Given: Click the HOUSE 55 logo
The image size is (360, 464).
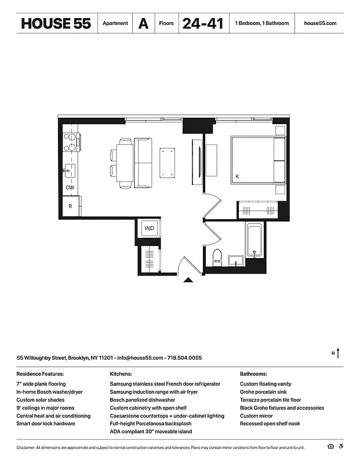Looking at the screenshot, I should click(x=56, y=24).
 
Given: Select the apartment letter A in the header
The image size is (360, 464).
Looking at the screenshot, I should click(x=143, y=24).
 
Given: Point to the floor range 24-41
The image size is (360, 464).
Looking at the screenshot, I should click(x=202, y=24).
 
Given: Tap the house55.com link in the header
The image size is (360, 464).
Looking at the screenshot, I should click(x=320, y=24).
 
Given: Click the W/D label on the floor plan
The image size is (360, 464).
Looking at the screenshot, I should click(x=149, y=229).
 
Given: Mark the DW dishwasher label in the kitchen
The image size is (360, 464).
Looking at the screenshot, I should click(x=70, y=188).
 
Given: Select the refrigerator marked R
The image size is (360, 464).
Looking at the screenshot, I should click(x=70, y=206).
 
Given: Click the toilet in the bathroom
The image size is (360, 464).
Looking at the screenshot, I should click(x=217, y=256).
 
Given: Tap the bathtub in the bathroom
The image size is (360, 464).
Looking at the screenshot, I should click(x=255, y=241).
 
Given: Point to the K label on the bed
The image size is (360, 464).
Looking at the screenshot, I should click(x=237, y=176).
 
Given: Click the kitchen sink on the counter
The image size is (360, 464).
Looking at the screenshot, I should click(x=70, y=171).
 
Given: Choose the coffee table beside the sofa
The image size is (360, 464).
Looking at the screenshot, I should click(x=168, y=163).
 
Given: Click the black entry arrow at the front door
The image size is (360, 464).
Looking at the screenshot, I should click(x=188, y=280).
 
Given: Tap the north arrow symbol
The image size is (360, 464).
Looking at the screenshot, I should click(x=338, y=352).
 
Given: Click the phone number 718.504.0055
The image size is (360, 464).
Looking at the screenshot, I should click(x=186, y=358).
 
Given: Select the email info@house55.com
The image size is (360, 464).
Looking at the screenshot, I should click(x=140, y=358).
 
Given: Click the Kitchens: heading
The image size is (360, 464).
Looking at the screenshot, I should click(x=121, y=375).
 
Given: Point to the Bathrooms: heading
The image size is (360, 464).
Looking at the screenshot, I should click(x=253, y=375).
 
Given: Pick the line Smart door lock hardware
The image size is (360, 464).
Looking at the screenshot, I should click(x=46, y=424).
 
